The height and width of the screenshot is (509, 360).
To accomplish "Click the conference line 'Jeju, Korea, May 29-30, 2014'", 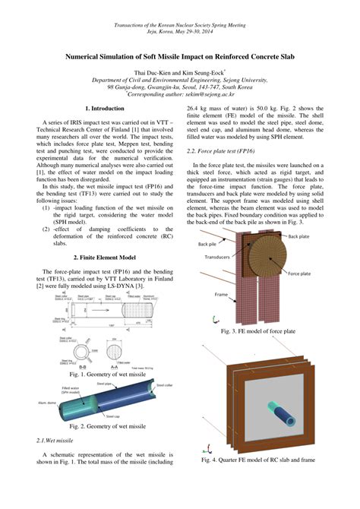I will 180,33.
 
